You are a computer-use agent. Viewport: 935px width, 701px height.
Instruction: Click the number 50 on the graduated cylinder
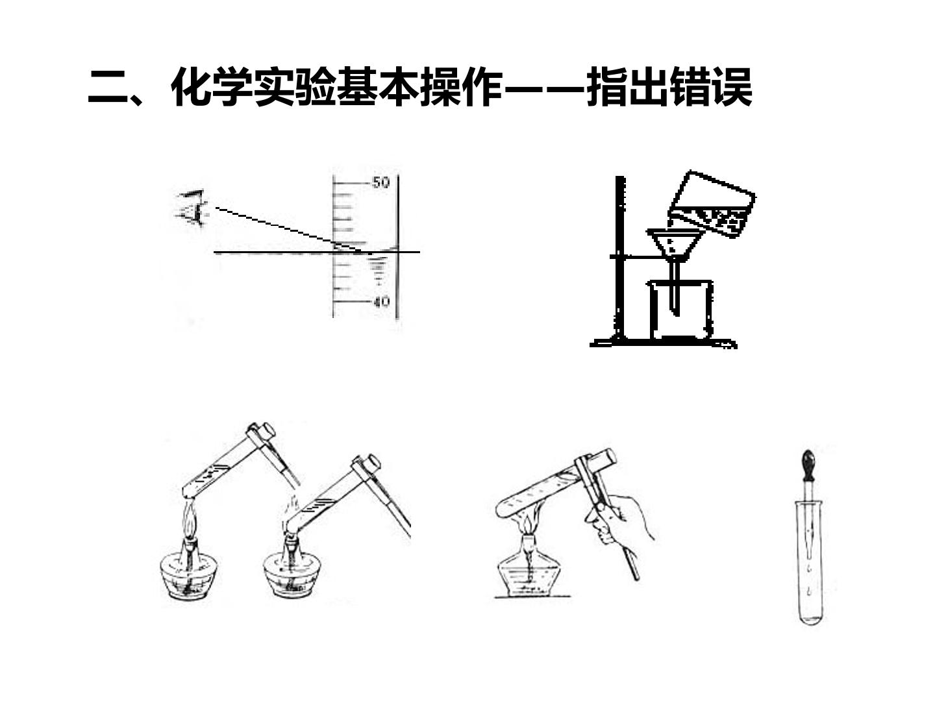point(380,182)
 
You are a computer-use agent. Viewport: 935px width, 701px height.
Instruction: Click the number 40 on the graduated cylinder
point(381,302)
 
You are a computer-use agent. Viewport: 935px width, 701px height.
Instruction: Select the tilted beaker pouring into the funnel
point(712,204)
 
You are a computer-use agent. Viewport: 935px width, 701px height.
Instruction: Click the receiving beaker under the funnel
point(680,310)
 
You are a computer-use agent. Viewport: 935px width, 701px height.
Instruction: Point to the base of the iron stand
point(663,343)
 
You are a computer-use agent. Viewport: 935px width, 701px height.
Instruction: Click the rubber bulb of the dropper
point(808,464)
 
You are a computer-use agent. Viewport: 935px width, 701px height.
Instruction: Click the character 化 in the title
point(192,87)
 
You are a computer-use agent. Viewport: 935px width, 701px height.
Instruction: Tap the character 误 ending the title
point(731,87)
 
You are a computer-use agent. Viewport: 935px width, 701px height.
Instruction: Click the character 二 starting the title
point(108,87)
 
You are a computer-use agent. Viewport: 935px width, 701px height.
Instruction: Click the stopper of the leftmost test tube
point(266,432)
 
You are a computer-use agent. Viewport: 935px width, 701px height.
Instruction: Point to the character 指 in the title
point(606,87)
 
